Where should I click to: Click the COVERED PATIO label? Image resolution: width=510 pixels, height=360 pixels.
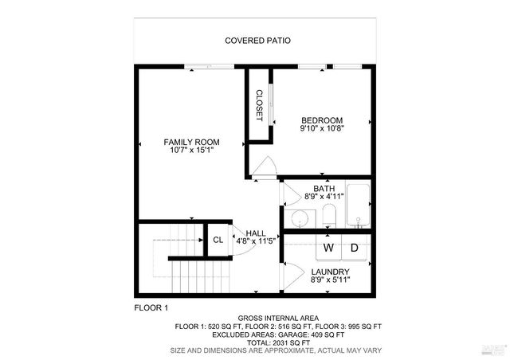257,40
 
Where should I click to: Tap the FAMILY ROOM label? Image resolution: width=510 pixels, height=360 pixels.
191,142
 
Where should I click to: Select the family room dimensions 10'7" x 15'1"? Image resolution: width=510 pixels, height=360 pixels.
191,150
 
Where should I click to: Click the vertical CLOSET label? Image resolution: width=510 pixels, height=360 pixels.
259,105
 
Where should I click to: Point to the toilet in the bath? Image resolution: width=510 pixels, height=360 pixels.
328,214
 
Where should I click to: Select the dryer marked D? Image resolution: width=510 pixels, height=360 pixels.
355,248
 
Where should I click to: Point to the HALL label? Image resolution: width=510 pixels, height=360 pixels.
256,233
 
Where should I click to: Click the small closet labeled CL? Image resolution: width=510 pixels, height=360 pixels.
218,240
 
